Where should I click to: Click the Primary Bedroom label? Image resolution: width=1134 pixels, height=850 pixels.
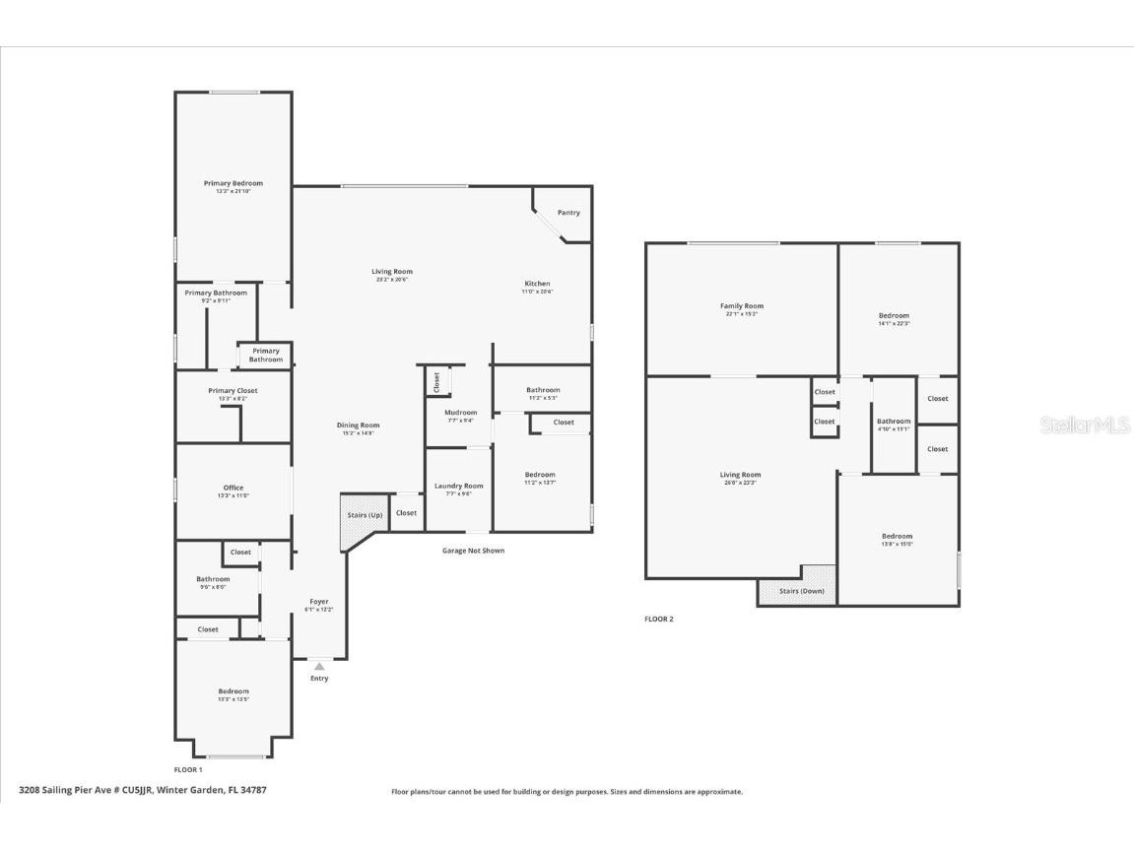(x=233, y=184)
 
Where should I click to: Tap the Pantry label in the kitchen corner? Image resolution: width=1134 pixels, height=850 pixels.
(x=568, y=213)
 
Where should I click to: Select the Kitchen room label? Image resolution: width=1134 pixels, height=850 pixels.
(x=537, y=285)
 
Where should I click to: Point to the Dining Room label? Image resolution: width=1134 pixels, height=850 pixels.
(x=357, y=426)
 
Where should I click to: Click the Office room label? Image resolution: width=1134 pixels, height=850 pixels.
(x=233, y=489)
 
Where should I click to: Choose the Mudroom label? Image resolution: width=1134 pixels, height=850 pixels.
(x=460, y=414)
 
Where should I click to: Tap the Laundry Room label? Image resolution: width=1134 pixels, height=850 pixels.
(x=459, y=487)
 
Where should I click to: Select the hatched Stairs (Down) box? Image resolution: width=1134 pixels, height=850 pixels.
(x=797, y=590)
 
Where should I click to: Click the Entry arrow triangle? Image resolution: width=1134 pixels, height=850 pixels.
(x=319, y=667)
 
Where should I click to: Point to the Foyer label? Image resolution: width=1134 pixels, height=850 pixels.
(x=319, y=602)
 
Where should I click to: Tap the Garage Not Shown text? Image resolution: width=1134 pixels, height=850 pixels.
(x=473, y=551)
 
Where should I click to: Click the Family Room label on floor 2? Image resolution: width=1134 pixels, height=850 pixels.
(x=742, y=307)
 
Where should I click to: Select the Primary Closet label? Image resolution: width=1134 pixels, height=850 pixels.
(x=233, y=392)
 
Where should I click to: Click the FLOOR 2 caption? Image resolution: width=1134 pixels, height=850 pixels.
(x=659, y=620)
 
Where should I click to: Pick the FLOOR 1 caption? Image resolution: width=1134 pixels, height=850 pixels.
(x=188, y=769)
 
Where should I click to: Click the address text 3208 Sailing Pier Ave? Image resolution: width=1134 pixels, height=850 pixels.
(x=143, y=790)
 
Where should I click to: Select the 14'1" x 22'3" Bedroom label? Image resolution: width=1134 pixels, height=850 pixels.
(x=894, y=317)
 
